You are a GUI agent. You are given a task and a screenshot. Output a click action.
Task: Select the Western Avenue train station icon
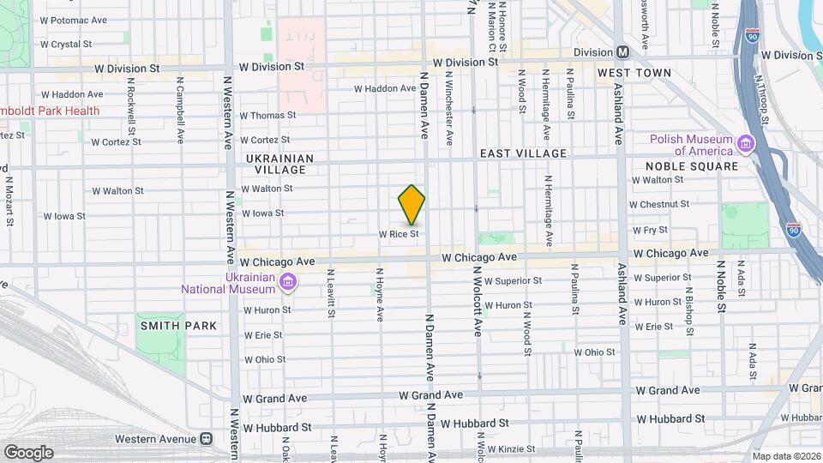coord(206,439)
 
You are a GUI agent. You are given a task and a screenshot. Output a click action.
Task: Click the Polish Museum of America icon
coord(745,144)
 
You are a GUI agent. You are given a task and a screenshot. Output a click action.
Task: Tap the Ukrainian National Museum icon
coord(288,282)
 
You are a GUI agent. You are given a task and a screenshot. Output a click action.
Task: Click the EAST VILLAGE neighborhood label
coord(523,153)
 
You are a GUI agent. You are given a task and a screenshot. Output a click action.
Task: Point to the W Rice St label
coord(399,233)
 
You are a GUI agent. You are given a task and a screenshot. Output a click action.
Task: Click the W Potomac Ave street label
coord(74,20)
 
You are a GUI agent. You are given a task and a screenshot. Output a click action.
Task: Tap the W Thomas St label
coord(267,115)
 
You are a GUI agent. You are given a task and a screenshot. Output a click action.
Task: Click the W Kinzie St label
coord(507,448)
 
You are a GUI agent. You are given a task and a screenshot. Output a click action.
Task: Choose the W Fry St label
coord(650,230)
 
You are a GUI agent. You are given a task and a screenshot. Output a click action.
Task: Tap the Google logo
coord(28,452)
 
